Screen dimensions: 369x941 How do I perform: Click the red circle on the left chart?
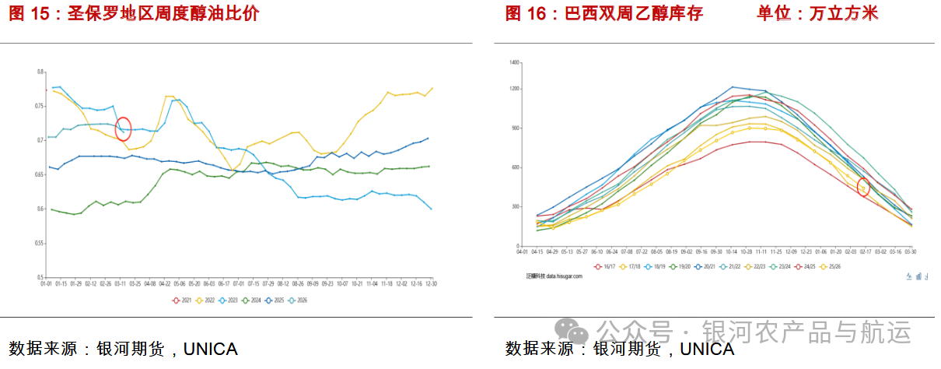(x=123, y=129)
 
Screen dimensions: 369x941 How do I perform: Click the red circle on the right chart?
(x=863, y=187)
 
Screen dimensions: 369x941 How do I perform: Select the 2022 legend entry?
(x=207, y=300)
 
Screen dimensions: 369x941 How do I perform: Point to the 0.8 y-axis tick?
(x=40, y=72)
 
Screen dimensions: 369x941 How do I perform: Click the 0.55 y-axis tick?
(x=39, y=243)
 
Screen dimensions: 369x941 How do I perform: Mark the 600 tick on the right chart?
(x=515, y=167)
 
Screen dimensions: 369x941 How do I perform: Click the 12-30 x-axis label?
(x=430, y=284)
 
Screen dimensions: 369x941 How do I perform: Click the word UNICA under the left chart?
(x=210, y=348)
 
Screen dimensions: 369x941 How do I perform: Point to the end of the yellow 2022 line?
(x=432, y=89)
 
